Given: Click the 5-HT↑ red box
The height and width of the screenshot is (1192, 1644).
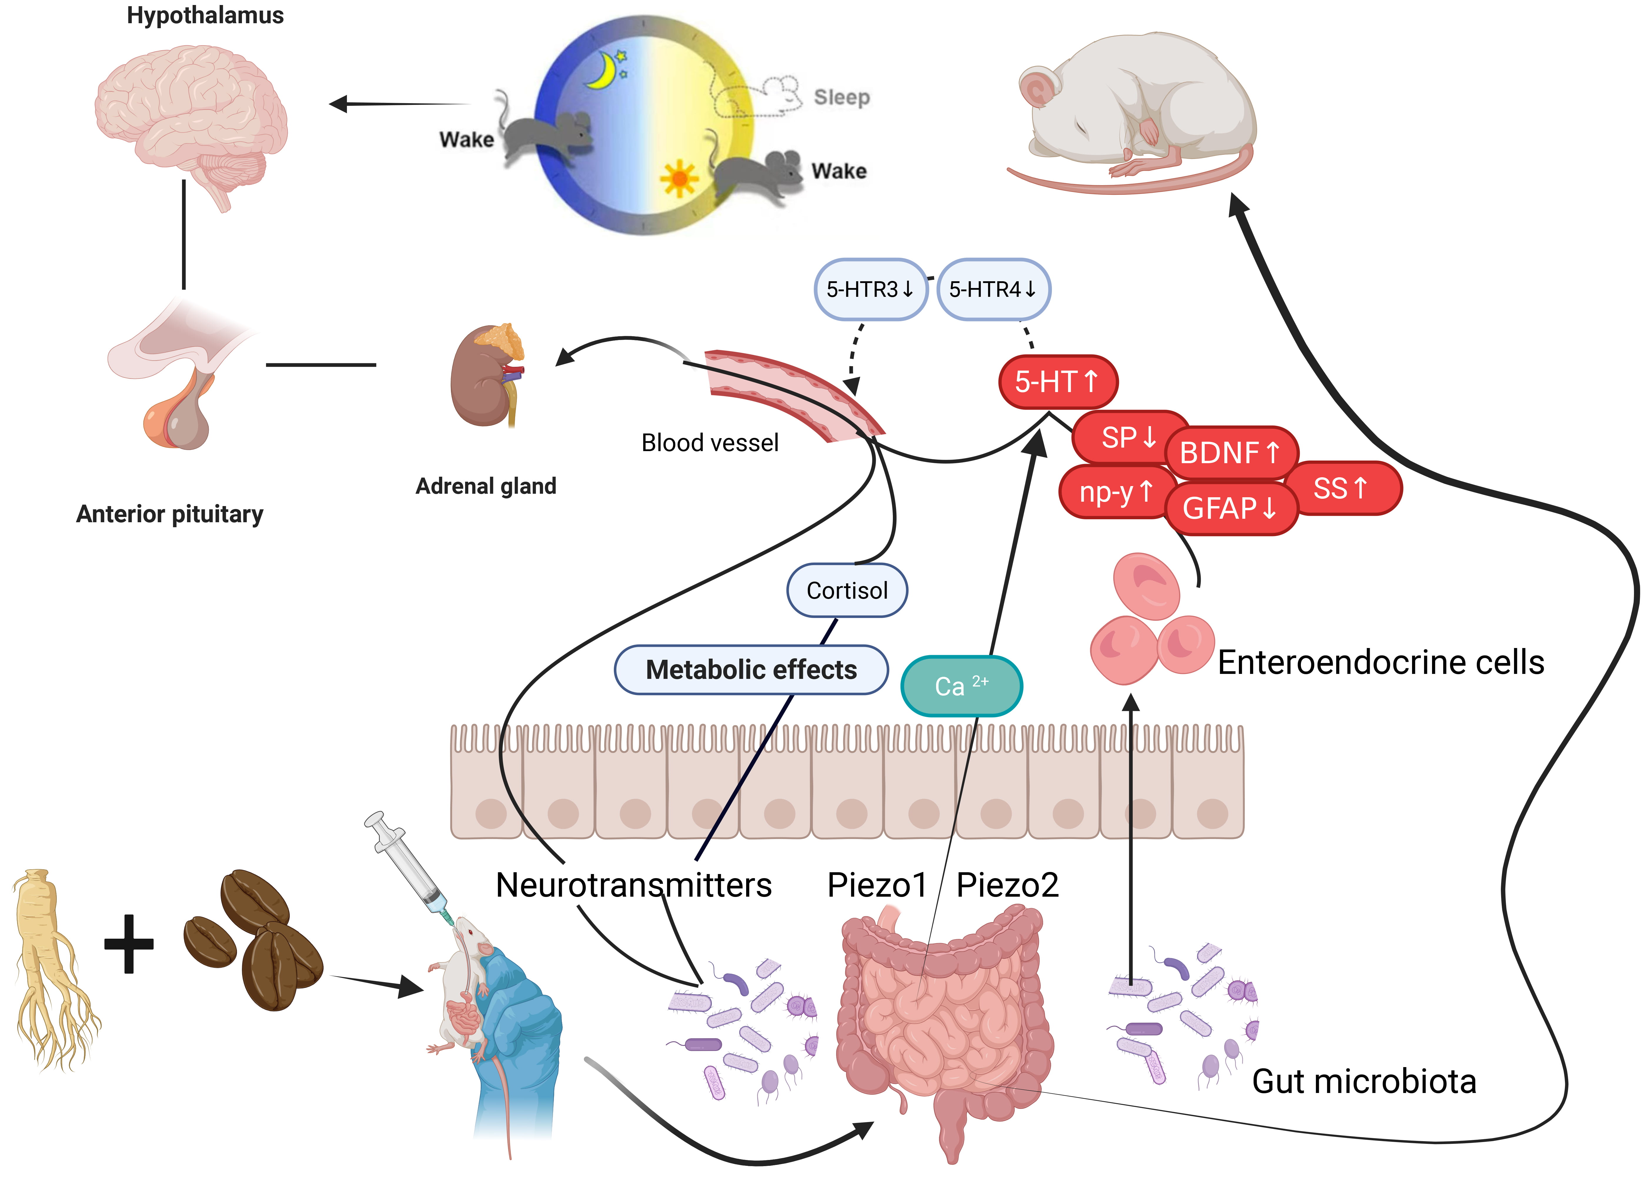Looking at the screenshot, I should (x=1057, y=382).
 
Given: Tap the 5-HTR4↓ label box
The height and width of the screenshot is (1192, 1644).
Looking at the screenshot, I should (x=993, y=289).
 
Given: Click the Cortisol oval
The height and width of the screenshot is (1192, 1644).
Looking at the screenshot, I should (x=847, y=591).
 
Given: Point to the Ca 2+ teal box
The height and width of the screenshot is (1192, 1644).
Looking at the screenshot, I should (x=961, y=686).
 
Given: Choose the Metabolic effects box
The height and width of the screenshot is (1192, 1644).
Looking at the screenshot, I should (x=751, y=669).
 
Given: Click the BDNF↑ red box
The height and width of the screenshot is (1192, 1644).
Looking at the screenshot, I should (x=1230, y=453).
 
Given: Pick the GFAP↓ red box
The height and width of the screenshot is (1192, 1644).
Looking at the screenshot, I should (x=1230, y=508).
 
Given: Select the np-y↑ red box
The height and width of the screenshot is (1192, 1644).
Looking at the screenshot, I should (x=1115, y=492).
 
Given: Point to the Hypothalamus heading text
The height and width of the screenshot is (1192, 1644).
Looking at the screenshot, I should (x=205, y=15).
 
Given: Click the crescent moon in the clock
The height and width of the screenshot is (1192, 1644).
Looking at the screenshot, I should (x=602, y=71).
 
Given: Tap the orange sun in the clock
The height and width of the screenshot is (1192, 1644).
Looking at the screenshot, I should (x=679, y=178).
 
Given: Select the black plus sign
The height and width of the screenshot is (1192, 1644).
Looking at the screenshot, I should (x=129, y=943).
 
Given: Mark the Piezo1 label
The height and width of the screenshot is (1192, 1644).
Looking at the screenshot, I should (x=877, y=885).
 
